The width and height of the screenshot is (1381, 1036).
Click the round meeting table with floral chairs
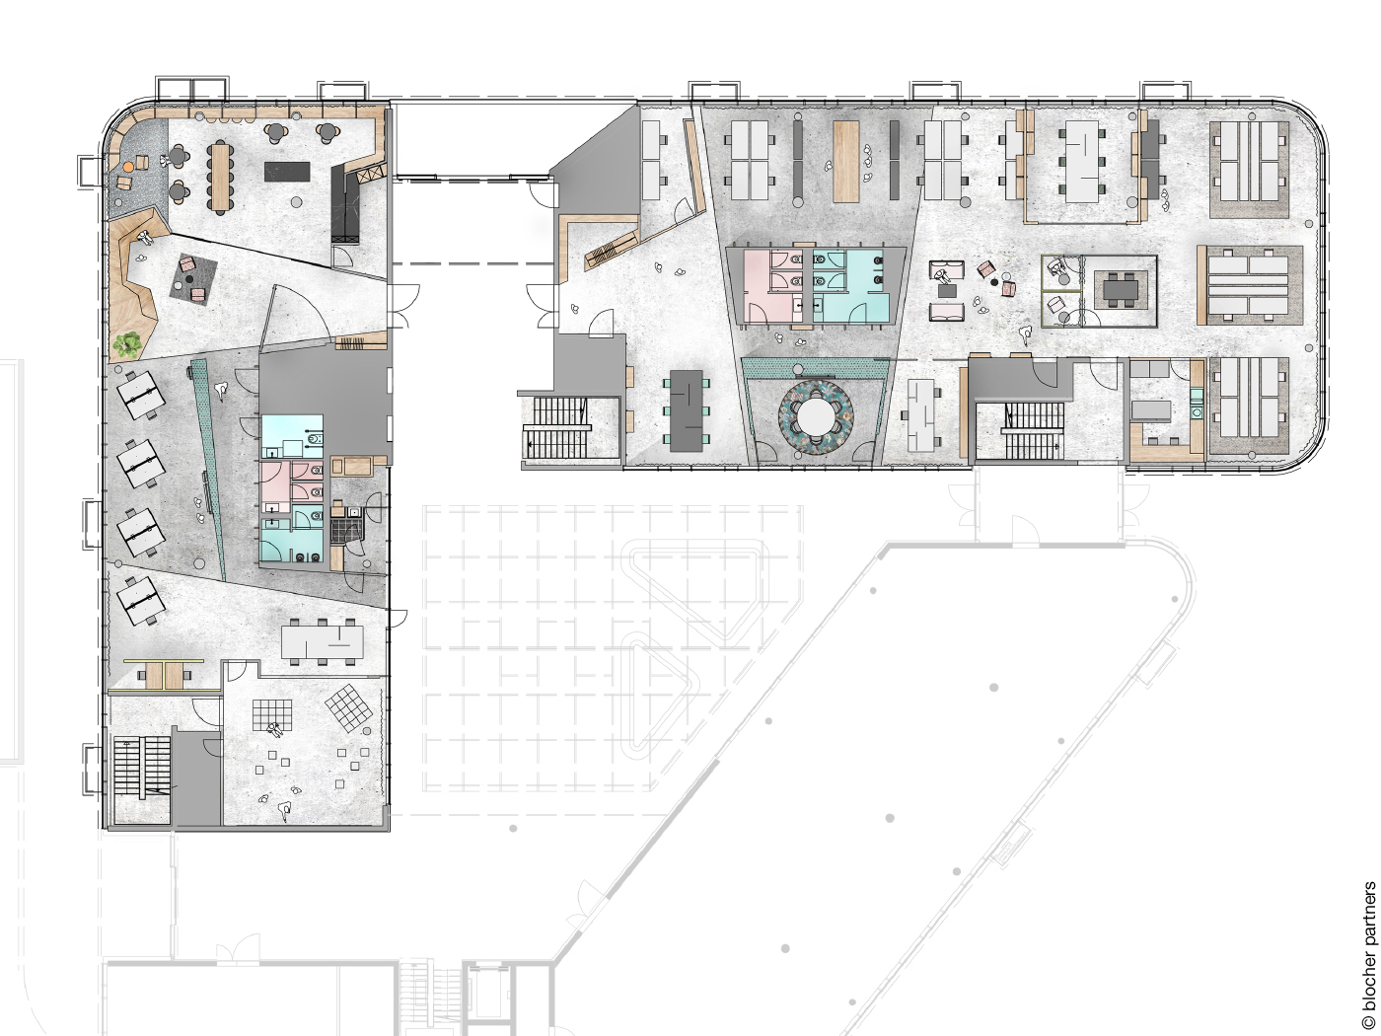coord(815,416)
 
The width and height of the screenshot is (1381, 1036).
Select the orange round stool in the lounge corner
coord(128,168)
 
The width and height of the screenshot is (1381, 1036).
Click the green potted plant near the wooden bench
coord(127,344)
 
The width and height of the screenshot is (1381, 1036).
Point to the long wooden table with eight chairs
coord(219,176)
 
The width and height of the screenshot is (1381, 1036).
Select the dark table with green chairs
coord(688,410)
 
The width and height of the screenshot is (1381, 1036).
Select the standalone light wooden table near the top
coord(846,161)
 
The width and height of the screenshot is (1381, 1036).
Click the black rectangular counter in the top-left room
coord(287,172)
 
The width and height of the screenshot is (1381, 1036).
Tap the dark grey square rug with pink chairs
coord(192,279)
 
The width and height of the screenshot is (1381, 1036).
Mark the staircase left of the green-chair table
coord(555,426)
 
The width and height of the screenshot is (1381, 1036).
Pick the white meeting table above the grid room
coord(322,642)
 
